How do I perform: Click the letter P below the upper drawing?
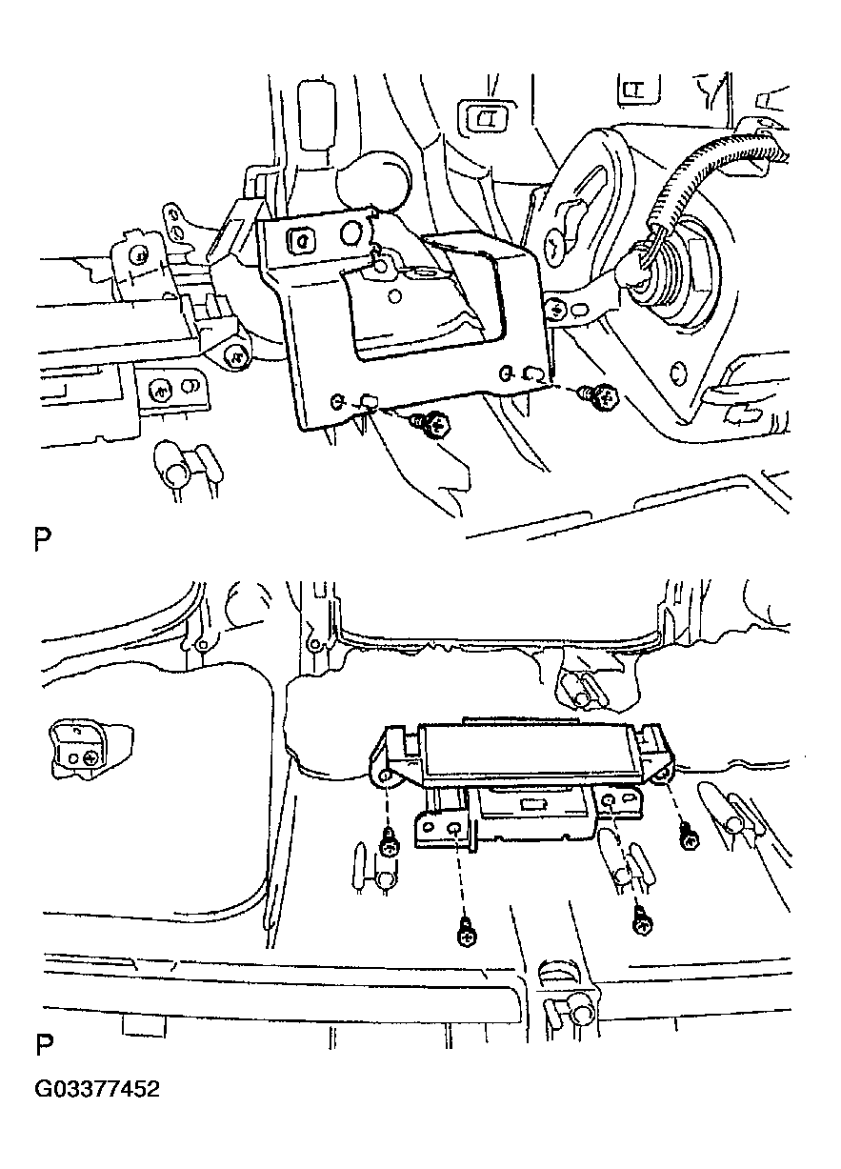click(x=43, y=540)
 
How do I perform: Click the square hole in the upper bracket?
click(x=301, y=239)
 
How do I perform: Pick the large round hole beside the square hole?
click(x=352, y=233)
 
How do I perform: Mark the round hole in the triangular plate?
click(x=677, y=373)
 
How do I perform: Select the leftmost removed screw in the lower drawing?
click(x=389, y=846)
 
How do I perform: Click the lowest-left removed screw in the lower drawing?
click(x=466, y=937)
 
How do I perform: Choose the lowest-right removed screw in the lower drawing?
click(x=642, y=922)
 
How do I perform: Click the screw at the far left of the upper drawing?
click(x=140, y=255)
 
